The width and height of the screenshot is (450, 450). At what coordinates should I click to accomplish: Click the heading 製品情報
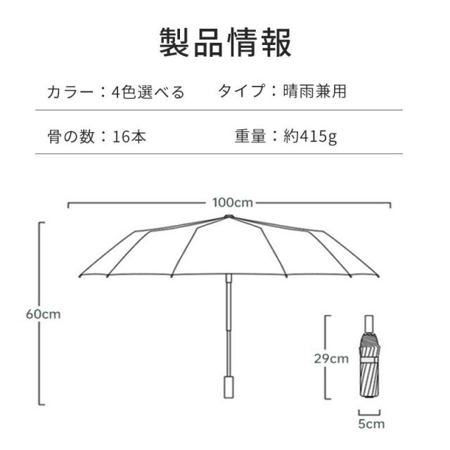(225, 42)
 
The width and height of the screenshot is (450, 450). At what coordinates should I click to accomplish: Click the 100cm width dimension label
(233, 202)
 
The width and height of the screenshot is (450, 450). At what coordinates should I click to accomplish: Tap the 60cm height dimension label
(44, 314)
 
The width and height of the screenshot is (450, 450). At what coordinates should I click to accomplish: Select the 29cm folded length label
(331, 359)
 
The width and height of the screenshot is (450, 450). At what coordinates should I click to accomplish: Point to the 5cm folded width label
(371, 424)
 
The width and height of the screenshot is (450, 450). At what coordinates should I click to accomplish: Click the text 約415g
(310, 136)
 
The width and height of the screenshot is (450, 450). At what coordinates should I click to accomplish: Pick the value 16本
(129, 136)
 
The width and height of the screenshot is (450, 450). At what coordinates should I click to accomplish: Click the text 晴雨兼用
(314, 91)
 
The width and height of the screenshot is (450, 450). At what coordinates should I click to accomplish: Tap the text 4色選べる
(148, 92)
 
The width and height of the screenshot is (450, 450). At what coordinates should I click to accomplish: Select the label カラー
(70, 92)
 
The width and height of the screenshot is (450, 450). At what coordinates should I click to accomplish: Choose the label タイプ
(241, 91)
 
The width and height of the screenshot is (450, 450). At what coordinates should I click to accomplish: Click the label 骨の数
(71, 136)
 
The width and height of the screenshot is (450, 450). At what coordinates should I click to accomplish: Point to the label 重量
(250, 136)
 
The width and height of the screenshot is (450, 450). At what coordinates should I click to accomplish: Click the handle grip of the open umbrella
(229, 387)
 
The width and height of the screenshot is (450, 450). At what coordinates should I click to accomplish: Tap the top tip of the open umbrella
(229, 216)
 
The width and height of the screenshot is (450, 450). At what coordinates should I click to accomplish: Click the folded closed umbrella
(370, 356)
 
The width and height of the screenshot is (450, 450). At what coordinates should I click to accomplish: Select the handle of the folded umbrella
(369, 324)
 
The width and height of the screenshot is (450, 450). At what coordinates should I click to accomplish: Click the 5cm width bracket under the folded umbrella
(369, 414)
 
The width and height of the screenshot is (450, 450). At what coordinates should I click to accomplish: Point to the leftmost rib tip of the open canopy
(79, 276)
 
